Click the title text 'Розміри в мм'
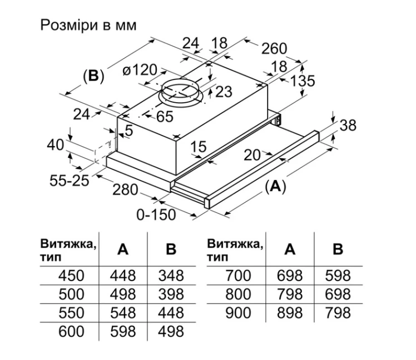[88, 26]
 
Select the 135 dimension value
[303, 81]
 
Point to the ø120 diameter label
[140, 71]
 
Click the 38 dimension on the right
[347, 126]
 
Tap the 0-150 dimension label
[156, 214]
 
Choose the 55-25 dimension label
[70, 181]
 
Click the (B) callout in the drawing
[93, 76]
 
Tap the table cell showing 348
[171, 275]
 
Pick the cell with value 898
[289, 313]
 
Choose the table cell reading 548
[123, 313]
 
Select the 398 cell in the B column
[171, 294]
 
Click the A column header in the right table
[289, 249]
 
